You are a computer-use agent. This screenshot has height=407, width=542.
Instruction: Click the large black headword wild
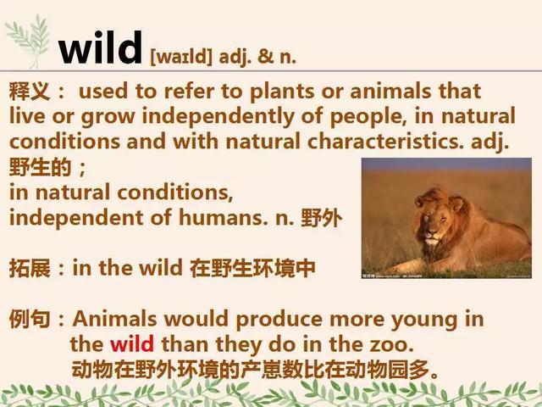[100, 47]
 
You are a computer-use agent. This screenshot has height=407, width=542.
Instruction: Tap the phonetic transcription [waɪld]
[181, 56]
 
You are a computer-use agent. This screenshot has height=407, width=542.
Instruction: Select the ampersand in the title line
[265, 55]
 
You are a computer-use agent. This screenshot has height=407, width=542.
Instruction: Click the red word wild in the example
[132, 344]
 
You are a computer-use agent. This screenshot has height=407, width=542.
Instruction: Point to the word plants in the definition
[282, 92]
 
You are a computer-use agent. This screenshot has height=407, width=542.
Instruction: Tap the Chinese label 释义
[30, 92]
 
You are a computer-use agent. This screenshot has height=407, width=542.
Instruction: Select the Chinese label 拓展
[30, 268]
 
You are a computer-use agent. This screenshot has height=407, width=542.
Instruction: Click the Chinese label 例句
[30, 319]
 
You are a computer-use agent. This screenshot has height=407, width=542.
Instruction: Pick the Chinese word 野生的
[40, 167]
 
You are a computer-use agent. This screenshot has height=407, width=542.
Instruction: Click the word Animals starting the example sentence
[114, 319]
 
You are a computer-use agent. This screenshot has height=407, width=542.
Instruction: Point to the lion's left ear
[457, 203]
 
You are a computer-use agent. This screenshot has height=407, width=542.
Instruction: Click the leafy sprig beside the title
[28, 42]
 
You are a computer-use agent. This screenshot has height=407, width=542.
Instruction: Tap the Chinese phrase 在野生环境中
[252, 268]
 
